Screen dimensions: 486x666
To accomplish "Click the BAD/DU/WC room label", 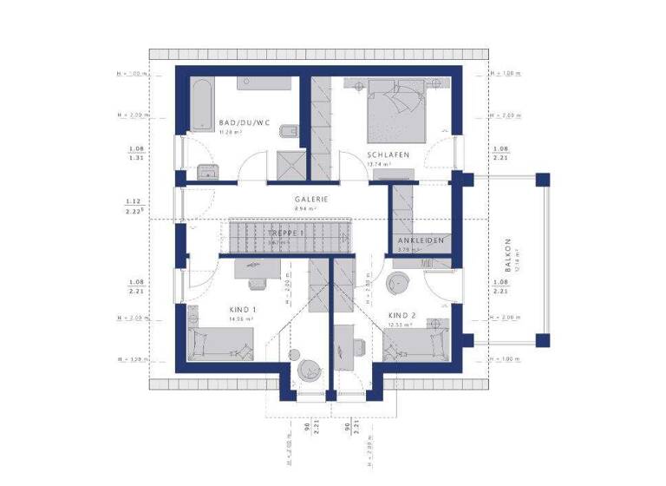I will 245,123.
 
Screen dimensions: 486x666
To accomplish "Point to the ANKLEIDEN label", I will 421,240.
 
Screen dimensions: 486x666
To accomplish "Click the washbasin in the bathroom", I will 206,170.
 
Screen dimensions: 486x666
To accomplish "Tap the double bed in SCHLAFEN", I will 398,109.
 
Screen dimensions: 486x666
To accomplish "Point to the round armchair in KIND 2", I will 400,282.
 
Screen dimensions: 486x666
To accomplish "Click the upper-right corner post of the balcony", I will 542,180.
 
